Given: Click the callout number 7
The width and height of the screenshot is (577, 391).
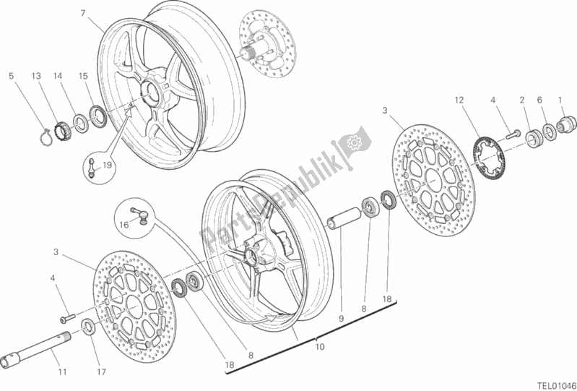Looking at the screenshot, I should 83,13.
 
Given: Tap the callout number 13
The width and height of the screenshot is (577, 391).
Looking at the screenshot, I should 35,75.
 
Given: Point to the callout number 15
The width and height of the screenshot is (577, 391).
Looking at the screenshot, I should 83,75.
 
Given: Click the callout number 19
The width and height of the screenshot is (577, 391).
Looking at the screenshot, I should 108,165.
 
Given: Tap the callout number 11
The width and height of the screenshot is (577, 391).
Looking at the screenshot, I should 63,372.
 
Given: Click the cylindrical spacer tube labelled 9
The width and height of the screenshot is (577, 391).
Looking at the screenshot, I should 344,217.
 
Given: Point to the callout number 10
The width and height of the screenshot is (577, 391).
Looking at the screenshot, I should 320,346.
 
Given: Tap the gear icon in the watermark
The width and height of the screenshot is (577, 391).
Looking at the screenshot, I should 355,142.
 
